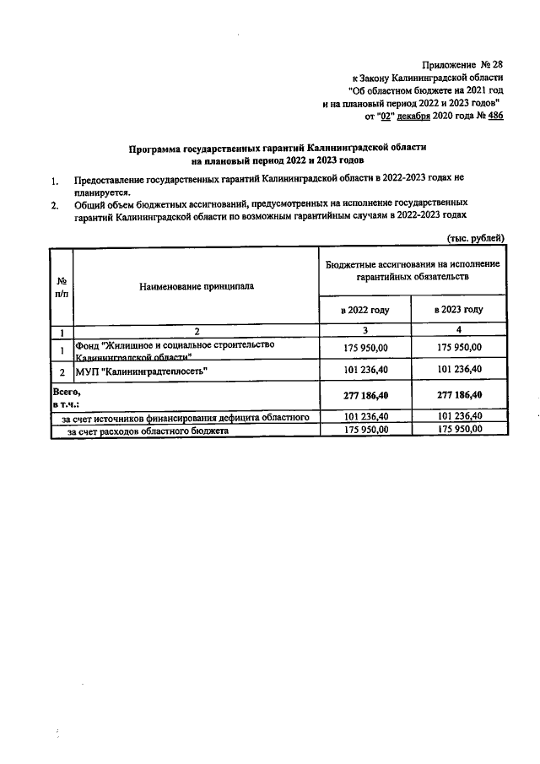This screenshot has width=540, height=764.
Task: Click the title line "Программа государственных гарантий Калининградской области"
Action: (x=278, y=147)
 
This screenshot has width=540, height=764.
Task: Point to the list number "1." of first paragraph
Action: (x=54, y=181)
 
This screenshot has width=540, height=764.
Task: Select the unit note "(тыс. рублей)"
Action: (x=474, y=237)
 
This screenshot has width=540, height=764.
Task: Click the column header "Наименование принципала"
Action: (x=197, y=286)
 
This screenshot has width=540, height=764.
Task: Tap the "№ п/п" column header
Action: (x=62, y=286)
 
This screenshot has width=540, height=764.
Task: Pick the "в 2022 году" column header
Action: (x=364, y=310)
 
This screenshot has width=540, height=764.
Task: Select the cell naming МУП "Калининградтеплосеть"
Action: (x=142, y=371)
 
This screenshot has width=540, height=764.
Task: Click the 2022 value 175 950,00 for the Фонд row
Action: (x=364, y=347)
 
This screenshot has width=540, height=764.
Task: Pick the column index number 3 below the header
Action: (x=364, y=330)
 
